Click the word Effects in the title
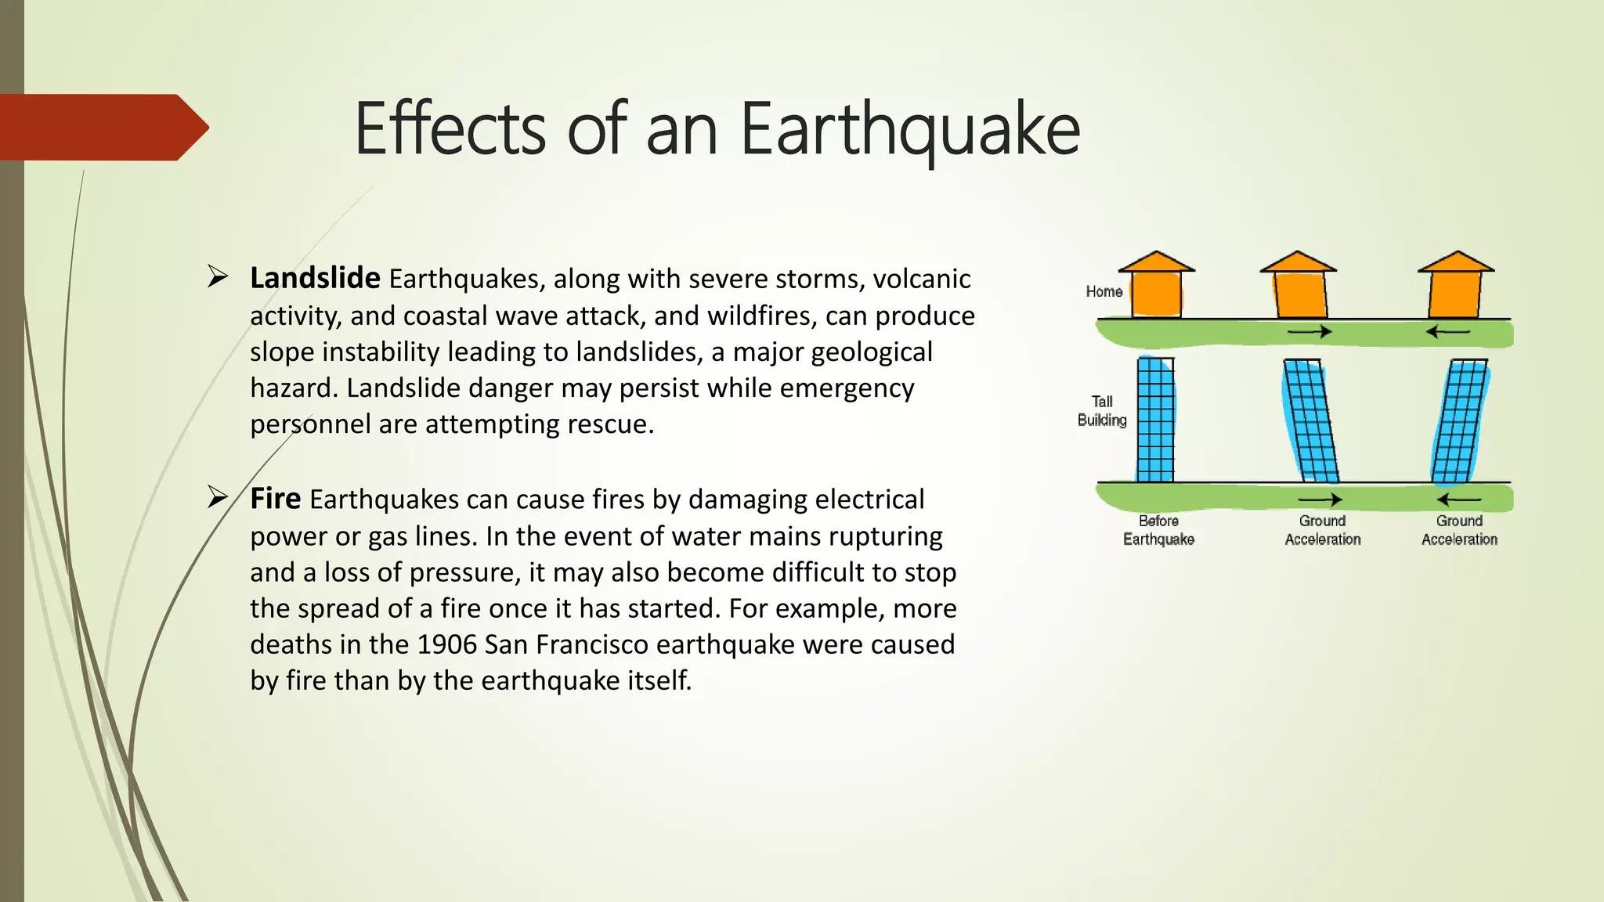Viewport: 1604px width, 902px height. click(x=450, y=129)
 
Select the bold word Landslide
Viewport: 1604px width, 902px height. click(x=315, y=278)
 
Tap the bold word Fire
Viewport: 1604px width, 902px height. click(x=275, y=499)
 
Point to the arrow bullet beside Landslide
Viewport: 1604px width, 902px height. click(x=218, y=276)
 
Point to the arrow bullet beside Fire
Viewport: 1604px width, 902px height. click(x=218, y=496)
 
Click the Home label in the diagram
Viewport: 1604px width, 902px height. click(x=1104, y=291)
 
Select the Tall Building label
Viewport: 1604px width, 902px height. click(x=1102, y=411)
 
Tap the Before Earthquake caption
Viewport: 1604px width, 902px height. click(x=1158, y=530)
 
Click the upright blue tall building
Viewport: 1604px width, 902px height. click(x=1155, y=420)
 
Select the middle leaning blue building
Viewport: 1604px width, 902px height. click(x=1310, y=420)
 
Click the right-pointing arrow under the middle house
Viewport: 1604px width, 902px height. click(x=1310, y=332)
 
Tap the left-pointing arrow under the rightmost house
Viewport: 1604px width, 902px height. click(x=1447, y=332)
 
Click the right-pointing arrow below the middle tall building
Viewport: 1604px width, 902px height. click(x=1320, y=500)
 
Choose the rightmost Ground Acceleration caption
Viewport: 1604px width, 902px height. click(x=1459, y=530)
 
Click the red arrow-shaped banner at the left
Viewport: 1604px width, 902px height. click(x=102, y=128)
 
